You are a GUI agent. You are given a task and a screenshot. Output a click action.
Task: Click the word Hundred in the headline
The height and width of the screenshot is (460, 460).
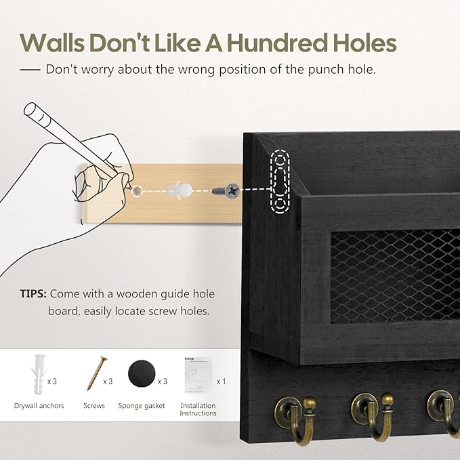277,43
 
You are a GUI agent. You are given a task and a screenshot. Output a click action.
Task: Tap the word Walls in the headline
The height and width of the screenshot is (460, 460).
53,43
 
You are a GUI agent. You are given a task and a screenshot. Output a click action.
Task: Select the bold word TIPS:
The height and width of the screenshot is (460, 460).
33,293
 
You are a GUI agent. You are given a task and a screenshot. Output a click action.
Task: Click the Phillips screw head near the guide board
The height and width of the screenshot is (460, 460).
232,191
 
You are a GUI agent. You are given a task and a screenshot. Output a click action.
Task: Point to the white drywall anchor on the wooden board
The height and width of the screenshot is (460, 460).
179,190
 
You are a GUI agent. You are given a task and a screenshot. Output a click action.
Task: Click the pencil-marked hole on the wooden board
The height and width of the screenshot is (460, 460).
136,190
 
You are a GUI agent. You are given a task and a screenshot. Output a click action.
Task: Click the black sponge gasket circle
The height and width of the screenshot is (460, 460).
142,374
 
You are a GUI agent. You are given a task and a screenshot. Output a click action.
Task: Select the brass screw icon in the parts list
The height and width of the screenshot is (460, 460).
97,373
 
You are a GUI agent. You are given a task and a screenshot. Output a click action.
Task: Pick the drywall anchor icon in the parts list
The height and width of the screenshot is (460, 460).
39,374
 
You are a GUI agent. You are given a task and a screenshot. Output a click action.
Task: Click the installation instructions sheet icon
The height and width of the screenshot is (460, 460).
198,375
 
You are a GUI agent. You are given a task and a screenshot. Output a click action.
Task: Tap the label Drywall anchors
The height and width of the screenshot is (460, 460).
39,406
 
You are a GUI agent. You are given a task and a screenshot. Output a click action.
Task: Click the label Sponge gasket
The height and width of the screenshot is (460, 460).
142,406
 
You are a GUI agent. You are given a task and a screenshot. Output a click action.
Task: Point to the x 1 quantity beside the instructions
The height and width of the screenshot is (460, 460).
222,381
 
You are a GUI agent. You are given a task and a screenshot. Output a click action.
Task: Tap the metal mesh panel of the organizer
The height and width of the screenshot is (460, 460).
395,276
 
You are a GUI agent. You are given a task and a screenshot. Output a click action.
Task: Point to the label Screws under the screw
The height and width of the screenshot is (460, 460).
94,406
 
